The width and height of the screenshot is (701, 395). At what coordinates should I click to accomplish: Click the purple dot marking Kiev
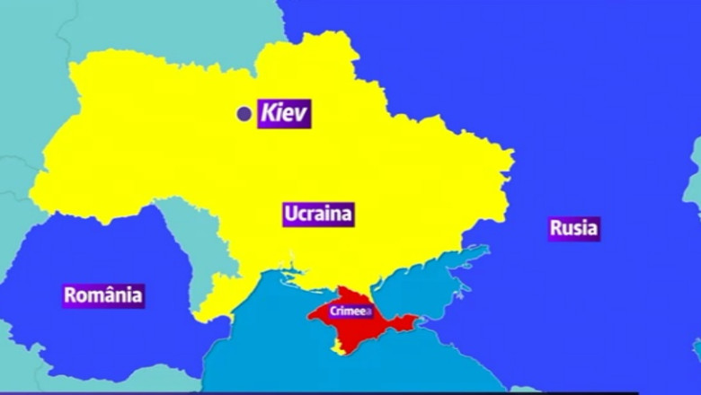pos(244,114)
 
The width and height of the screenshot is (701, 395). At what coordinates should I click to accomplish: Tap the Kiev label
pos(284,114)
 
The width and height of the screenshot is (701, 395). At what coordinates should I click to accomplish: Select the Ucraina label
pos(317,214)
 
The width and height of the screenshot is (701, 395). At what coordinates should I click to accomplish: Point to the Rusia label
pos(573,228)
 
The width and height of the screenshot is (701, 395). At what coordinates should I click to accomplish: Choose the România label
pos(103,294)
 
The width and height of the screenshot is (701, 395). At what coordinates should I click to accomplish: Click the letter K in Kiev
pos(268,114)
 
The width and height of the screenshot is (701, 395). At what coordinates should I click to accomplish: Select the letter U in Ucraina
pos(290,214)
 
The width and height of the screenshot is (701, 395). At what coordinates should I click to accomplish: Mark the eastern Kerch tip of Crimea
pos(413,320)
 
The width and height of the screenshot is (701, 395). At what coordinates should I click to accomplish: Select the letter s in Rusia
pos(577,229)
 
